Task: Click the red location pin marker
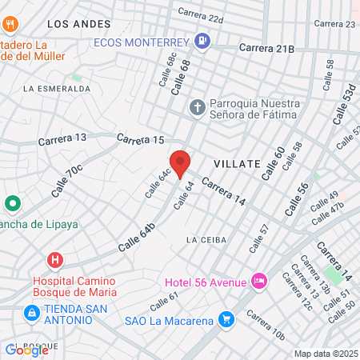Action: [x=180, y=163]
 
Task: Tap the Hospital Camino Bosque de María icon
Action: [x=54, y=260]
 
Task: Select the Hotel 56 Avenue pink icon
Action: [x=259, y=281]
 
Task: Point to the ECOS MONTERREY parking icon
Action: [x=202, y=41]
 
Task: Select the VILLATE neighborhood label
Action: [x=237, y=163]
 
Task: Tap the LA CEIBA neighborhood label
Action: [x=206, y=240]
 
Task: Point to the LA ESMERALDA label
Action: [x=57, y=88]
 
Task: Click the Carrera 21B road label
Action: [x=267, y=49]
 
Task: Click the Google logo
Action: [x=27, y=349]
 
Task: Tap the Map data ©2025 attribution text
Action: [x=326, y=354]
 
